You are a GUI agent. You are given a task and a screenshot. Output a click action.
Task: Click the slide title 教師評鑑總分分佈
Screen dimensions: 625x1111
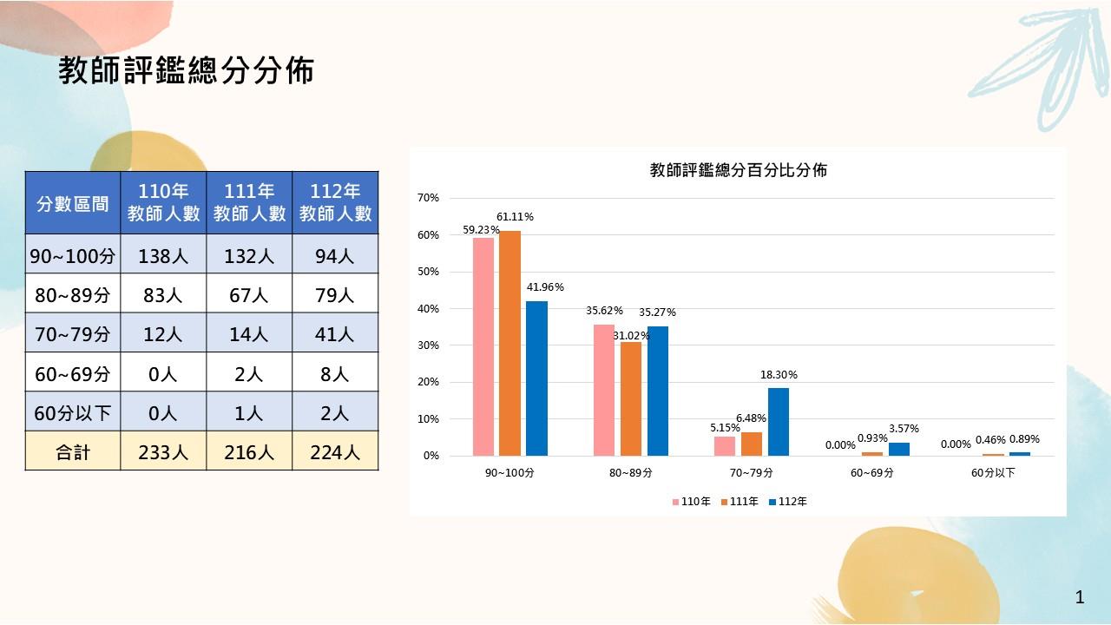pos(186,71)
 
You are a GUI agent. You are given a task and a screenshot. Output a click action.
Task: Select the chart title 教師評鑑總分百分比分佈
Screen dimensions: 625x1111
pos(738,170)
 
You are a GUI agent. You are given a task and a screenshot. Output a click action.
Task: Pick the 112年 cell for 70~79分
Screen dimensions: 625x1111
pos(335,333)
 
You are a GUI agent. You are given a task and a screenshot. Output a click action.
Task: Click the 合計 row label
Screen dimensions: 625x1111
pos(73,451)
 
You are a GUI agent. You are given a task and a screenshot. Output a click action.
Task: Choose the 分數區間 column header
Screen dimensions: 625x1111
pos(73,203)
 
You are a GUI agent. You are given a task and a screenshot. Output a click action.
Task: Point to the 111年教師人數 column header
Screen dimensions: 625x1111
pos(249,203)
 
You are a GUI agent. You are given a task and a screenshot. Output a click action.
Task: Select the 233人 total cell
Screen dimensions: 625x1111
pos(163,451)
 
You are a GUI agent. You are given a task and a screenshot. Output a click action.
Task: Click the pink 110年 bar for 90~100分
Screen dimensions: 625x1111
pos(483,346)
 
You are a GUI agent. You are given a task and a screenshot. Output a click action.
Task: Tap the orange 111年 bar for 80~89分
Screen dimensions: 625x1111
pos(631,398)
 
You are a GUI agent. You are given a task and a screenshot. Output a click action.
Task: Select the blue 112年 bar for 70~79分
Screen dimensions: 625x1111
pos(779,422)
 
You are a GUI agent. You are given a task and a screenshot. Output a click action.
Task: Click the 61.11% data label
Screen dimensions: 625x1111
pos(515,216)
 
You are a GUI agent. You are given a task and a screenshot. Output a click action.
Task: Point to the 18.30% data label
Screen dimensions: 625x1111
pos(779,375)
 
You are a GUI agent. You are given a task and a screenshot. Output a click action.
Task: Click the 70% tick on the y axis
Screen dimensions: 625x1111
pos(429,198)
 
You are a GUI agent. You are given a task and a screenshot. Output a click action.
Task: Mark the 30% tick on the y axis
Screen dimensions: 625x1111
pos(429,345)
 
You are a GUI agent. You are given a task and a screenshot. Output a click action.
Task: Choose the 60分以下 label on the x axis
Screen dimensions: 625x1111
pos(993,474)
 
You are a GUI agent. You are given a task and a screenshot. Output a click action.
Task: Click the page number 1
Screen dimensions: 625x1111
pos(1080,597)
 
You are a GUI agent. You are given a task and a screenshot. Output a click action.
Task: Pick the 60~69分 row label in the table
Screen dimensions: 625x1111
pos(73,373)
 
